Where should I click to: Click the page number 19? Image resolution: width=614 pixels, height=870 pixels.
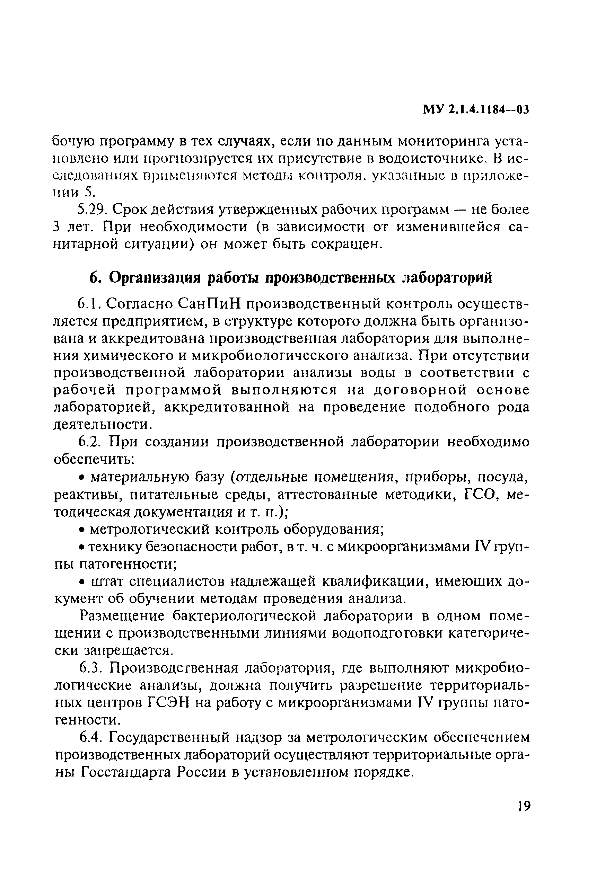point(523,806)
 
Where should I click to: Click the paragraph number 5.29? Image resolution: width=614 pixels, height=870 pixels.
point(93,210)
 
